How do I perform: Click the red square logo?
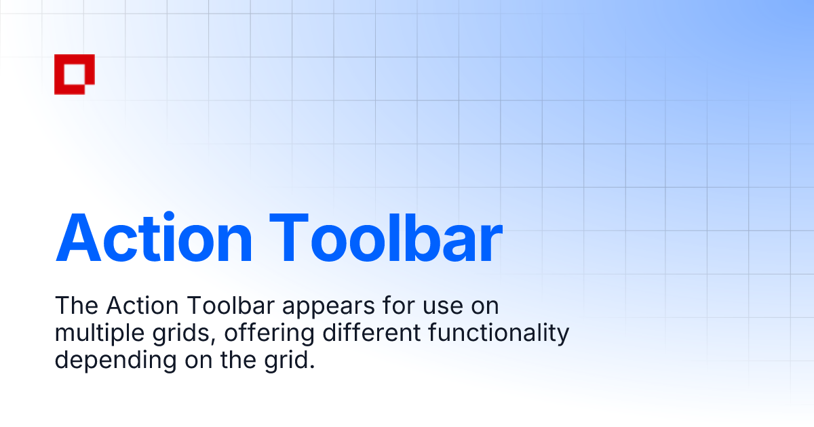point(74,74)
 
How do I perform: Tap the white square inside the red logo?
point(72,71)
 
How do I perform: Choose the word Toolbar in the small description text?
point(227,306)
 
